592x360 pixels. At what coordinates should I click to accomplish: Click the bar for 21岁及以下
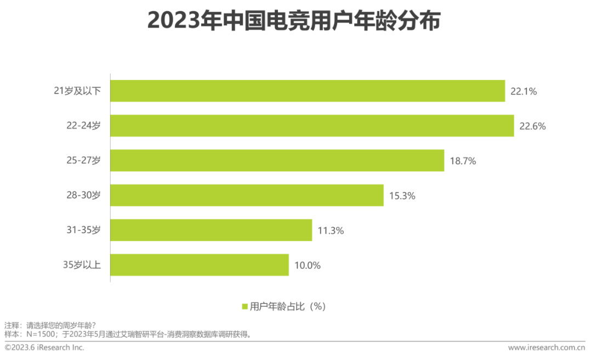[307, 91]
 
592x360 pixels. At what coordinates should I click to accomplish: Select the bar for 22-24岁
[312, 126]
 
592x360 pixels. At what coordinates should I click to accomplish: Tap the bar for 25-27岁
[277, 161]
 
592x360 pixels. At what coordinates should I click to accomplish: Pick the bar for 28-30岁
[247, 195]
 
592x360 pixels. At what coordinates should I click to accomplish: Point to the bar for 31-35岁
[211, 230]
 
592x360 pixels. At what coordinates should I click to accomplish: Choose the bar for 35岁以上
[200, 265]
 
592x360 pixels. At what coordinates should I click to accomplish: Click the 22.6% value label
[533, 126]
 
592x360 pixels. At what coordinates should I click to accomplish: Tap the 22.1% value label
[523, 92]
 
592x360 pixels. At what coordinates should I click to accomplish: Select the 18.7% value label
[463, 161]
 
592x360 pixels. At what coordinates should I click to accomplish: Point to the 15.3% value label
[402, 196]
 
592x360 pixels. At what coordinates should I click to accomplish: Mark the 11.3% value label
[331, 230]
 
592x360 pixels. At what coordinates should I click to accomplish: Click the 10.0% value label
[307, 266]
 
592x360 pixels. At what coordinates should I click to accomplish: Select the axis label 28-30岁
[83, 195]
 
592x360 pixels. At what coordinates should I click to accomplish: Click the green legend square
[244, 307]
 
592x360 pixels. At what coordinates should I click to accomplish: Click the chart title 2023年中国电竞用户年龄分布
[294, 22]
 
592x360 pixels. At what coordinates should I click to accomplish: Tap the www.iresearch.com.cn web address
[547, 347]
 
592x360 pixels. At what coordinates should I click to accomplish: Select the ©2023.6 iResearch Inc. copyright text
[44, 347]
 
